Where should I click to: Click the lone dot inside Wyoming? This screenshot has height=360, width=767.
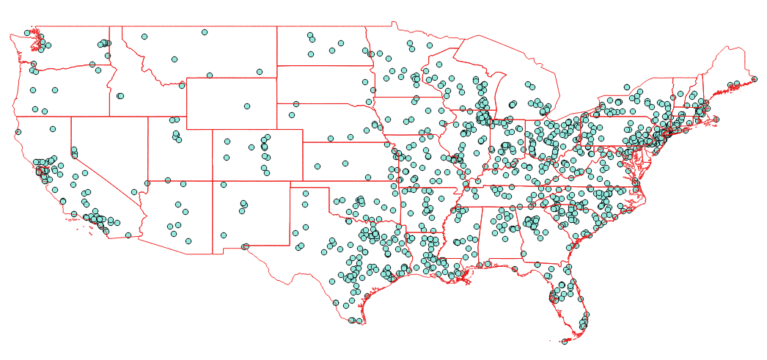tap(247, 106)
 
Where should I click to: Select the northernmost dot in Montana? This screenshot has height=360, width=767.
tap(205, 32)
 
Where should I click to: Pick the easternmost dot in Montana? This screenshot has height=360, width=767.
tap(260, 72)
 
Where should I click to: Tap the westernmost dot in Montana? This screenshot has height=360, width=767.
tap(144, 36)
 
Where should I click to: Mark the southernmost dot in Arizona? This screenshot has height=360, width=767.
tap(188, 240)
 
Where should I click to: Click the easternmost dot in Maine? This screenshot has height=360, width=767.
tap(755, 77)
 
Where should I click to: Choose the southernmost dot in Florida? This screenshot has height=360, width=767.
tap(564, 341)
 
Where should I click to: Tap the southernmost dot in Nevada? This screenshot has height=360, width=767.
tap(133, 192)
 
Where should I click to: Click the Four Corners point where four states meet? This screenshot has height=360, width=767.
tap(213, 180)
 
